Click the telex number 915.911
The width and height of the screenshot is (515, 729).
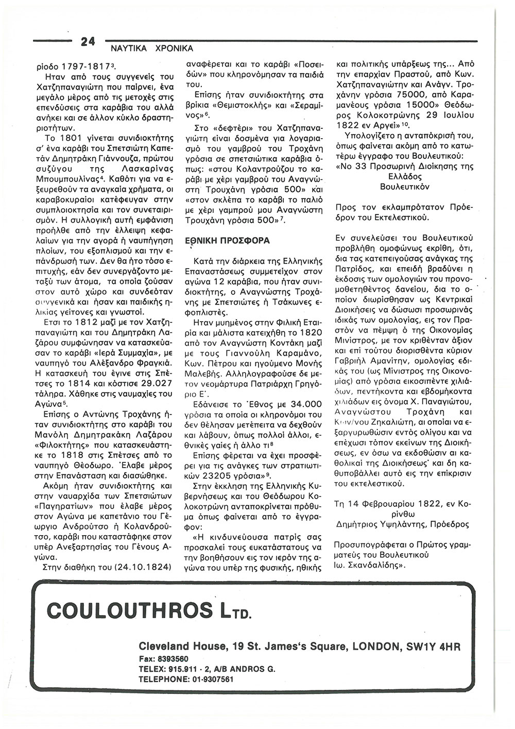click(181, 669)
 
